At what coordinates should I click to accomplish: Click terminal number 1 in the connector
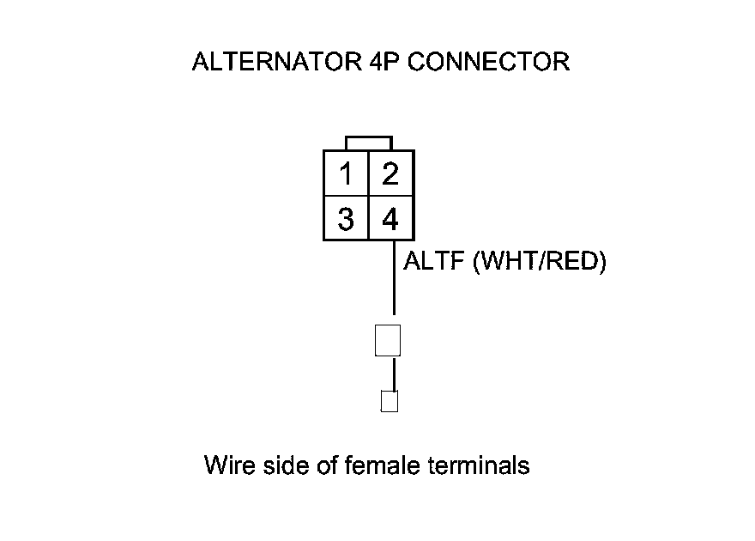coord(346,175)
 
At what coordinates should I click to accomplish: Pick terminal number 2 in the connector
coord(390,175)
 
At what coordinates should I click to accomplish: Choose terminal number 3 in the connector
coord(346,220)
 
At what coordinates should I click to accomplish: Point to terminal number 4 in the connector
coord(390,220)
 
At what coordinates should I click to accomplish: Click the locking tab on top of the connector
coord(369,143)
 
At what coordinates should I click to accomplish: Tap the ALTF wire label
coord(435,261)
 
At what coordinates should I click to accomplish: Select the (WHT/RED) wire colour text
coord(540,261)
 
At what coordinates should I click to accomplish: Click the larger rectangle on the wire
coord(389,340)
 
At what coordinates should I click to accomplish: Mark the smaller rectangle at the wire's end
coord(390,401)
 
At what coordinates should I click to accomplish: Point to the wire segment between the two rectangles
coord(394,373)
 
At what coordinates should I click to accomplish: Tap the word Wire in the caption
coord(227,466)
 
